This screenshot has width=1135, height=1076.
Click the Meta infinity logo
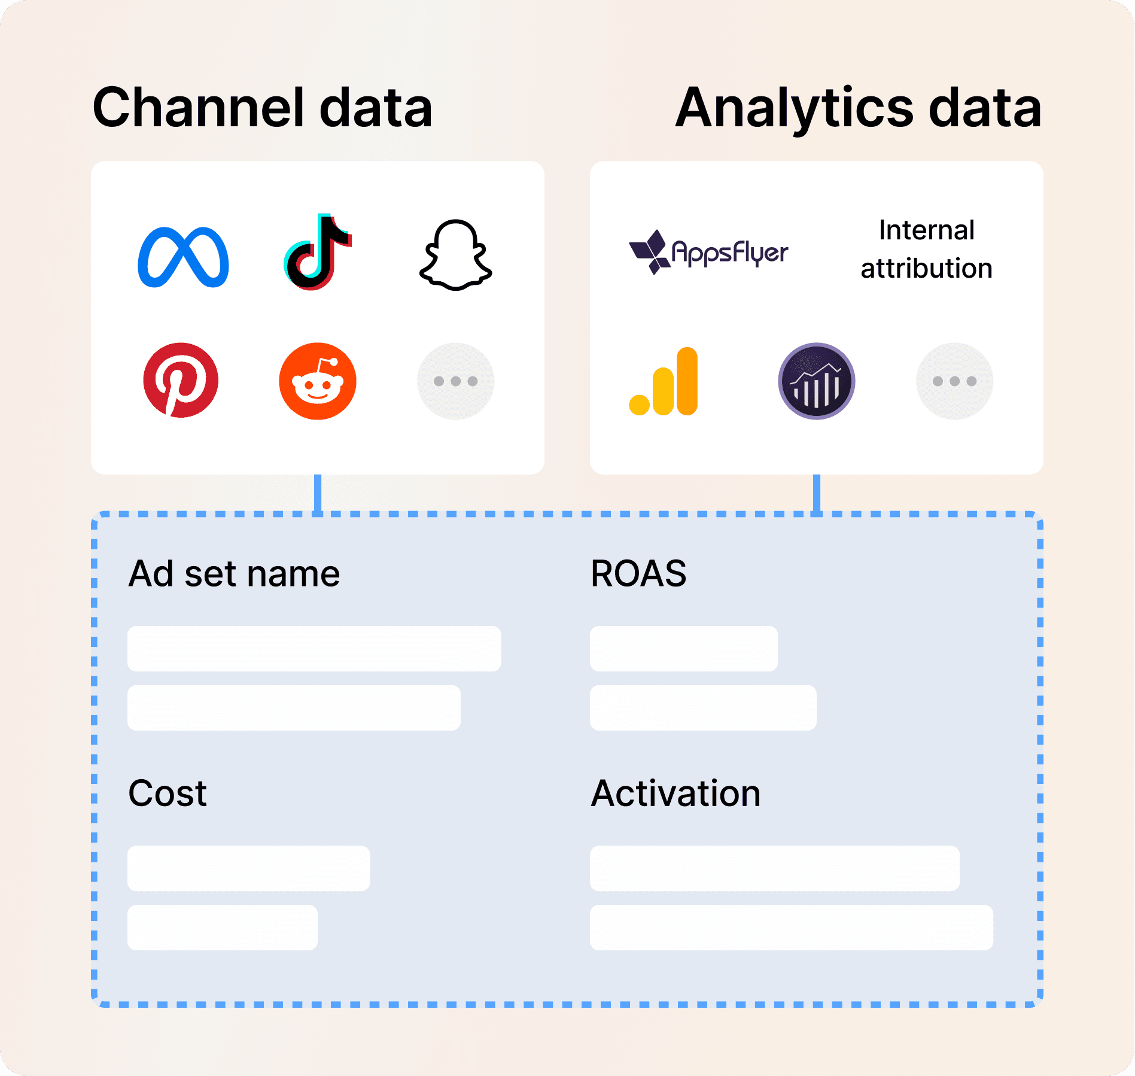click(183, 257)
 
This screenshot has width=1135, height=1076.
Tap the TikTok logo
click(317, 253)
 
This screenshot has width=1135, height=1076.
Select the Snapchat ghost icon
click(456, 256)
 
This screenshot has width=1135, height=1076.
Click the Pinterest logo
click(181, 381)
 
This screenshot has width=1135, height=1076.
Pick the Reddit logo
click(318, 381)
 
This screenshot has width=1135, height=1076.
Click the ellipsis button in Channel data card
click(456, 381)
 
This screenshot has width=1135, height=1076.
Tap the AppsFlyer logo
click(709, 252)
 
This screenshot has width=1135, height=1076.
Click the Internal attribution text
click(926, 249)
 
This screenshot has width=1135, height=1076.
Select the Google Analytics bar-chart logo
click(664, 381)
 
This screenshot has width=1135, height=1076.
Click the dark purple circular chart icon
click(817, 381)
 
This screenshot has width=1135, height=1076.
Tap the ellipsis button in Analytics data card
click(955, 381)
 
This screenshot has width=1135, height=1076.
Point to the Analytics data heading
click(859, 108)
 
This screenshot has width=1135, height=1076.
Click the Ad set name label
click(234, 573)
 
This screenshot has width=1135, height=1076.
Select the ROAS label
click(638, 573)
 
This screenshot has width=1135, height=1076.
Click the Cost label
click(168, 794)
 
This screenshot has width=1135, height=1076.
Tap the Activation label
click(675, 794)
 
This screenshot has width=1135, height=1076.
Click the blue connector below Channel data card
click(318, 493)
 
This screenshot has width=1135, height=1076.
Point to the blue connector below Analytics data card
click(817, 493)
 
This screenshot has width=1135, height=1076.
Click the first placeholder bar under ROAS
click(684, 649)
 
